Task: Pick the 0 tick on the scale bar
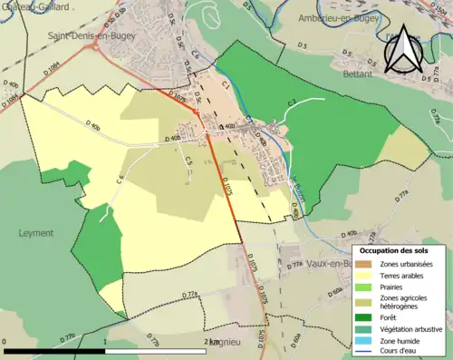(5, 342)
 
